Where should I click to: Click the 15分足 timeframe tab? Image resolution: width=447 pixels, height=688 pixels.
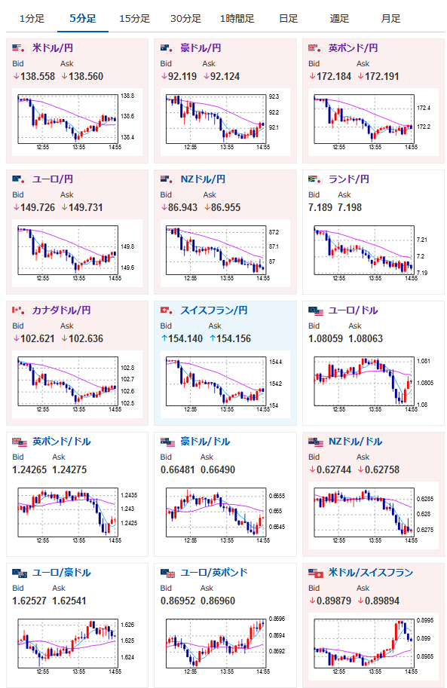(x=134, y=18)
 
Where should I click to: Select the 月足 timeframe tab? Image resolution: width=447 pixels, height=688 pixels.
(x=390, y=18)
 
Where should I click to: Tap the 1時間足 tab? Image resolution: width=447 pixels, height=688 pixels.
(x=237, y=18)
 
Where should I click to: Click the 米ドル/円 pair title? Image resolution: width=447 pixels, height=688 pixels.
(x=53, y=47)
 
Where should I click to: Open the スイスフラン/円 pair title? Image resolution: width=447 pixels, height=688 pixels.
(x=214, y=310)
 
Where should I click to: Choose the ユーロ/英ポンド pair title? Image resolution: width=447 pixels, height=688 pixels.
(x=214, y=573)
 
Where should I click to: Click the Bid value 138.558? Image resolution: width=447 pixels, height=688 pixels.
(x=38, y=76)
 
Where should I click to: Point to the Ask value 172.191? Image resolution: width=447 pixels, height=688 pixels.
(x=382, y=76)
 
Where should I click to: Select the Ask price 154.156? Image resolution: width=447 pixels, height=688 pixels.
(x=234, y=339)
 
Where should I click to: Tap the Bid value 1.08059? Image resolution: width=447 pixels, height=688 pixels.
(x=326, y=339)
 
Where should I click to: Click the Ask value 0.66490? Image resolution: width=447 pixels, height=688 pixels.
(x=218, y=470)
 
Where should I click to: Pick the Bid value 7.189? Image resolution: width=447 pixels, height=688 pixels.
(x=320, y=207)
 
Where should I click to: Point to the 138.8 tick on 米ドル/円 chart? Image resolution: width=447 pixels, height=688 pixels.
(x=127, y=96)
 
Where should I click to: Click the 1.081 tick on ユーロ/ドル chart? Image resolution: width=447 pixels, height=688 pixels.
(x=424, y=361)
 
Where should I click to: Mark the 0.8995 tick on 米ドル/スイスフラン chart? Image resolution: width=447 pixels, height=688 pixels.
(x=425, y=620)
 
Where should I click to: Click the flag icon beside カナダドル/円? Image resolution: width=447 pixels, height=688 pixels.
(x=18, y=310)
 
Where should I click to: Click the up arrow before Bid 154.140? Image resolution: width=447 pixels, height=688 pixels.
(x=164, y=339)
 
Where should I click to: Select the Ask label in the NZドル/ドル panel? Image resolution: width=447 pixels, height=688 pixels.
(x=363, y=457)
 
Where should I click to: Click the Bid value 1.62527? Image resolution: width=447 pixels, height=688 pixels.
(x=29, y=601)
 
